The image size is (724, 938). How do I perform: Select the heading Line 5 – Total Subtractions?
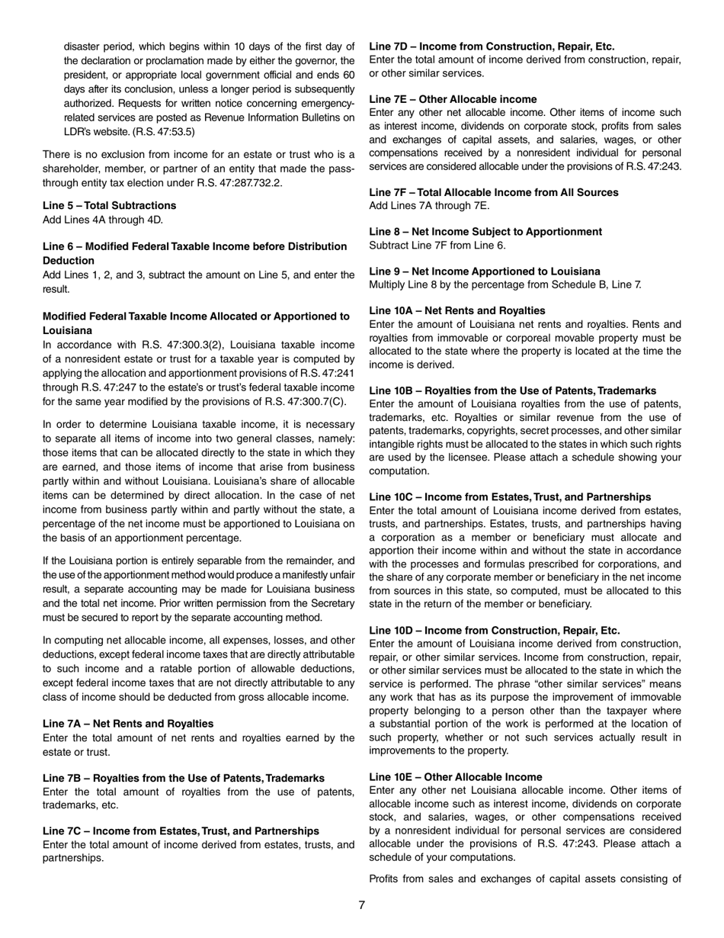click(x=109, y=206)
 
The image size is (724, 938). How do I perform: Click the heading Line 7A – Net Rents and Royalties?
click(x=128, y=724)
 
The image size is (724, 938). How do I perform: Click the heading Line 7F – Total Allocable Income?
click(x=493, y=192)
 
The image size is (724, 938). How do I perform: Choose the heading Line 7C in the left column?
click(x=181, y=830)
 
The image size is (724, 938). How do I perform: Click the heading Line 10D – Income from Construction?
click(x=494, y=631)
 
